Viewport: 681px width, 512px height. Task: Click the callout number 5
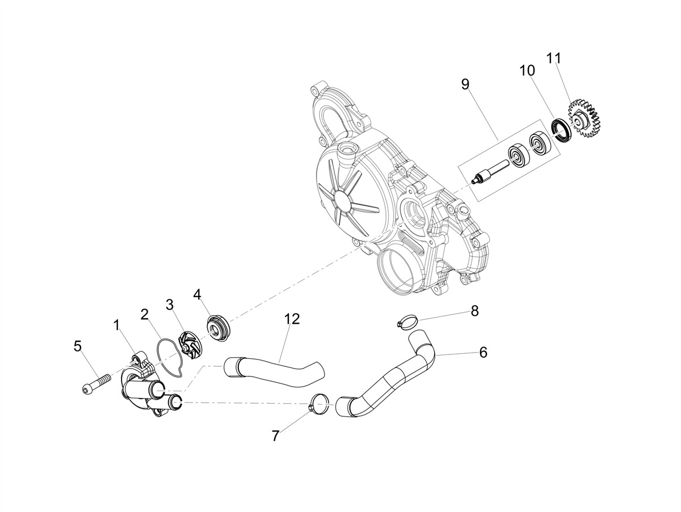78,345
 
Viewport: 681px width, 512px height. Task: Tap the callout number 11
553,58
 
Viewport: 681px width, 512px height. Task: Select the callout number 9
465,84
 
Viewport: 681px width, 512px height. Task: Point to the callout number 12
292,319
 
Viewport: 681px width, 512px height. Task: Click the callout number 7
276,435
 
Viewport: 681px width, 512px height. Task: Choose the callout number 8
474,310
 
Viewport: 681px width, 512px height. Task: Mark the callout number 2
145,314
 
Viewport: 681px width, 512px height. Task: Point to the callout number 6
483,352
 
